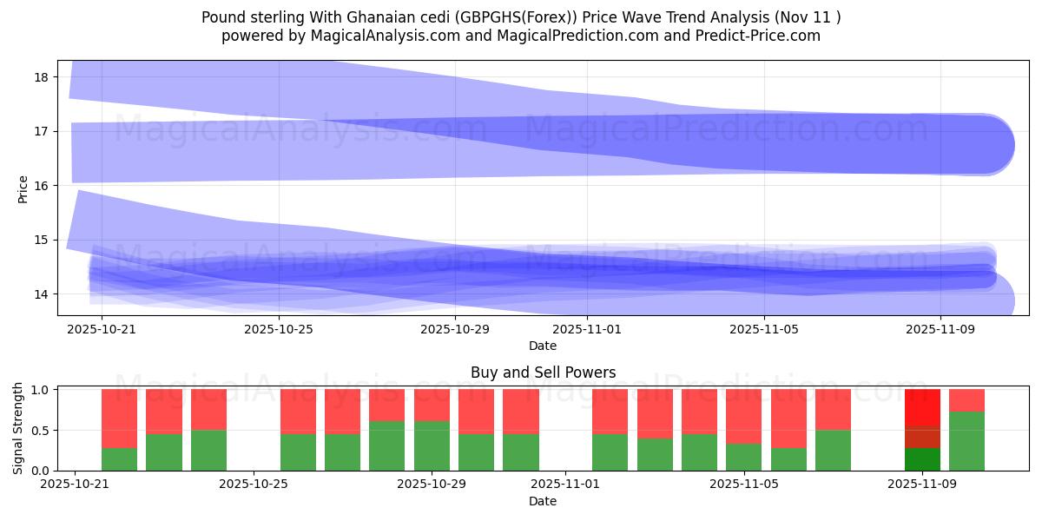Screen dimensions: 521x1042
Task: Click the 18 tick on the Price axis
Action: point(41,77)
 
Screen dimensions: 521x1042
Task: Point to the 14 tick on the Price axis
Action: point(41,294)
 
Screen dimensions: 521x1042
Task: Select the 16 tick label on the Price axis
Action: point(41,186)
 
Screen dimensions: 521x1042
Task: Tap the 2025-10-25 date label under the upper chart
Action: point(278,329)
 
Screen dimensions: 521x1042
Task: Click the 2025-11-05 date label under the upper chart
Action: point(763,329)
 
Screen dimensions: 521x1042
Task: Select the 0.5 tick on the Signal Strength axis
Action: point(41,431)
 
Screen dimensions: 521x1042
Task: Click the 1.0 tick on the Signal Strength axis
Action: point(41,390)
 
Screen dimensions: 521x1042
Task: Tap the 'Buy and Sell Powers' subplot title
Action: point(543,373)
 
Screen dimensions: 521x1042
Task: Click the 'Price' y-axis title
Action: point(23,188)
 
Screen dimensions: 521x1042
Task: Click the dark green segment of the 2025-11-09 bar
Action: point(922,459)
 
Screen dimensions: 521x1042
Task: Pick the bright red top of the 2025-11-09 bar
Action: point(922,407)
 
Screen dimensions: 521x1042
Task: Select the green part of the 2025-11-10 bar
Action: point(966,441)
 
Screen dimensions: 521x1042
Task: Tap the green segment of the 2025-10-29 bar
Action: point(432,445)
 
